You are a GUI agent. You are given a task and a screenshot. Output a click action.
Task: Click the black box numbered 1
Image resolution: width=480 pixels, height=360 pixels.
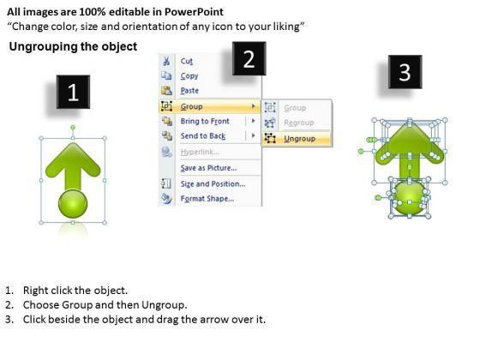[73, 92]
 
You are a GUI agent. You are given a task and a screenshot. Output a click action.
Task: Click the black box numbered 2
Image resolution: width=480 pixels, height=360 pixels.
[249, 58]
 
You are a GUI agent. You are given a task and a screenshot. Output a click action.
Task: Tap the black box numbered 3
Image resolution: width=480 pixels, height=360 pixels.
[405, 72]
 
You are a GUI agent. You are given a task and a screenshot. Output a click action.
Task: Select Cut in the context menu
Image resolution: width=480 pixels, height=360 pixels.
[187, 61]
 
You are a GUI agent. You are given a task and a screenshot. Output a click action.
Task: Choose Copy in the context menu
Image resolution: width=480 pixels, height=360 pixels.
[189, 75]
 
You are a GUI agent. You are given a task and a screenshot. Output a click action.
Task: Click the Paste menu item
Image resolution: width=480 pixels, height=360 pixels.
[189, 90]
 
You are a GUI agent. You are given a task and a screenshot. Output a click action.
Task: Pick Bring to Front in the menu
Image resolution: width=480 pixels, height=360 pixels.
[205, 121]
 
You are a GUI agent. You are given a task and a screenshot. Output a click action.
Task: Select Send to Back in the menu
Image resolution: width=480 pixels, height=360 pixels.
[203, 136]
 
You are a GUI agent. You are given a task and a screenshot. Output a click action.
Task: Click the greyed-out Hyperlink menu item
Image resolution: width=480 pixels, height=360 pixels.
[200, 152]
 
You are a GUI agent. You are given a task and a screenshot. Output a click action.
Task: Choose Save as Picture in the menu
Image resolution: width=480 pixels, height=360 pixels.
[208, 168]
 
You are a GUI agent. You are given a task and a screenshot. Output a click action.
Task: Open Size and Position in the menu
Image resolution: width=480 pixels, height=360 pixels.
[213, 183]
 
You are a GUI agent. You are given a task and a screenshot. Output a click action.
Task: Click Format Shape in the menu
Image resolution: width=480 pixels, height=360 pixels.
[207, 199]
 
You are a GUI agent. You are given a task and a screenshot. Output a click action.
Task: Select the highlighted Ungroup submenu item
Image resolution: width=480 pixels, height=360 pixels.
[299, 139]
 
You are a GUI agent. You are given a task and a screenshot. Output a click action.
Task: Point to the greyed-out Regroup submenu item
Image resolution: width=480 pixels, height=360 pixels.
[299, 123]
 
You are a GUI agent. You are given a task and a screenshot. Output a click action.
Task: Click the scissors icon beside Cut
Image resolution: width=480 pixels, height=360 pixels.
[166, 61]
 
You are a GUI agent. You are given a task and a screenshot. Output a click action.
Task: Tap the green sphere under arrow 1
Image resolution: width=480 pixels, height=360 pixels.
[73, 204]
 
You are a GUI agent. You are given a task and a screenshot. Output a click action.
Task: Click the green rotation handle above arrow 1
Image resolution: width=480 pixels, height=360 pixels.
[73, 128]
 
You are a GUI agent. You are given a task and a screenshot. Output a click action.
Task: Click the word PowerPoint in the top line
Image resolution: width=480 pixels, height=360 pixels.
[194, 12]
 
